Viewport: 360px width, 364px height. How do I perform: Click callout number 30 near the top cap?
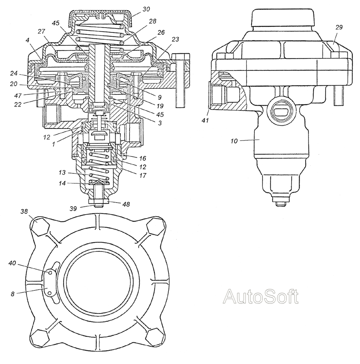146,9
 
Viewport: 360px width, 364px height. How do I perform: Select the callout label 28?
152,21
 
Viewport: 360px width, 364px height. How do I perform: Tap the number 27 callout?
41,31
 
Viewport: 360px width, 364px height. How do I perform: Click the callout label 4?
28,40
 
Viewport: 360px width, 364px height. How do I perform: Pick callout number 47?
18,95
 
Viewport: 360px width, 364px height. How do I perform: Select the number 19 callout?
160,106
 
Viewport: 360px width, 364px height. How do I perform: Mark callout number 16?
143,158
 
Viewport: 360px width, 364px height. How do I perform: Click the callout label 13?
62,173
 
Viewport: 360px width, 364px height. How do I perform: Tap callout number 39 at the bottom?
73,209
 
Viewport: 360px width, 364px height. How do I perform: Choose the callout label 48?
126,204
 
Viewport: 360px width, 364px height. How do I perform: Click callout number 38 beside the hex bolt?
24,211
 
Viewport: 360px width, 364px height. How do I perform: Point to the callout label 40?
12,263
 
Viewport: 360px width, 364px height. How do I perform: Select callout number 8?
12,294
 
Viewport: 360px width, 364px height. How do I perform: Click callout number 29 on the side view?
339,27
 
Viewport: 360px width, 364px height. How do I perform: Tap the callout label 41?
205,121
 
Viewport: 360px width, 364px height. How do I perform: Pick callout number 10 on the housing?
234,141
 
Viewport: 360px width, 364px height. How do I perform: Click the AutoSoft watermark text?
261,296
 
